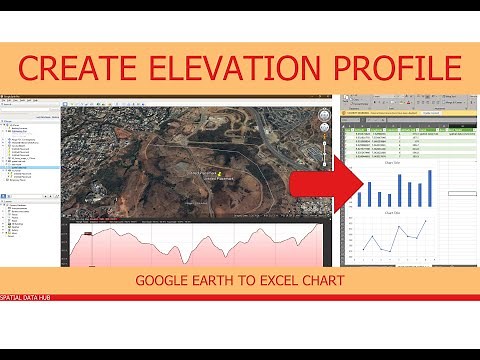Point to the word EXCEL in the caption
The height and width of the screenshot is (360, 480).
(293, 281)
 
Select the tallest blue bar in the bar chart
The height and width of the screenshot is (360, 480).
(430, 187)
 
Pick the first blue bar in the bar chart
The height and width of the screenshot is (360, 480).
(357, 192)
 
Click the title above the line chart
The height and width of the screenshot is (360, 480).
(393, 212)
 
